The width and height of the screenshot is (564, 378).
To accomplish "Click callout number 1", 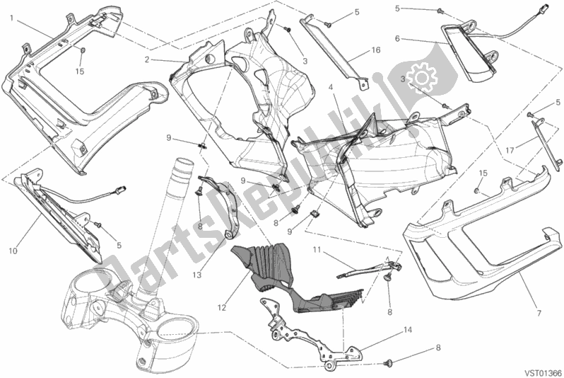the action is pos(11,18).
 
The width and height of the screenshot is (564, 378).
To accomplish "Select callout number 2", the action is pos(147,60).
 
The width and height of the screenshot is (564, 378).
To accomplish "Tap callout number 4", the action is pos(330,87).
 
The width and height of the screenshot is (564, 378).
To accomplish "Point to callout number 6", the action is pos(397,38).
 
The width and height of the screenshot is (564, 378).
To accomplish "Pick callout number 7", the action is pos(539,313).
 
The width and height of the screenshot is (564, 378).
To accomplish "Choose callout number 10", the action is pos(13,251).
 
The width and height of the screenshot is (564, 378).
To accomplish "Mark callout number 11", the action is pos(317,249).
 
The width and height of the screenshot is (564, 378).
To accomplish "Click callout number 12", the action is pos(222,307).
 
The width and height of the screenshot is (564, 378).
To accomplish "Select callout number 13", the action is pos(196,275).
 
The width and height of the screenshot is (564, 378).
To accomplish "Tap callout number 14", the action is pos(408,330).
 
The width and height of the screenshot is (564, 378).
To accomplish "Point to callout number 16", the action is pos(376,50).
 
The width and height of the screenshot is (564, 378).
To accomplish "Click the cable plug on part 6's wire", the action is pos(546,7).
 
